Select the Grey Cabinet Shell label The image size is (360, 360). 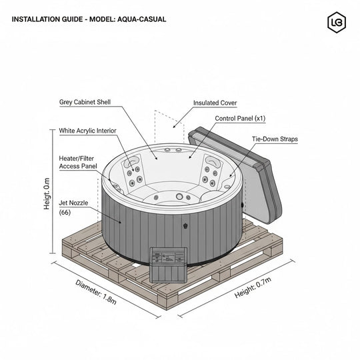pos(85,103)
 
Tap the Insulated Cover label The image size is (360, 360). pos(215,103)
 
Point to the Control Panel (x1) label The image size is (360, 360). pos(240,118)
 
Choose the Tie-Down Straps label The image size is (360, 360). pos(274,139)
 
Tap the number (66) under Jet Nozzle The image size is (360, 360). pos(65,212)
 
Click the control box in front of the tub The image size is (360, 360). pos(166,263)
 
